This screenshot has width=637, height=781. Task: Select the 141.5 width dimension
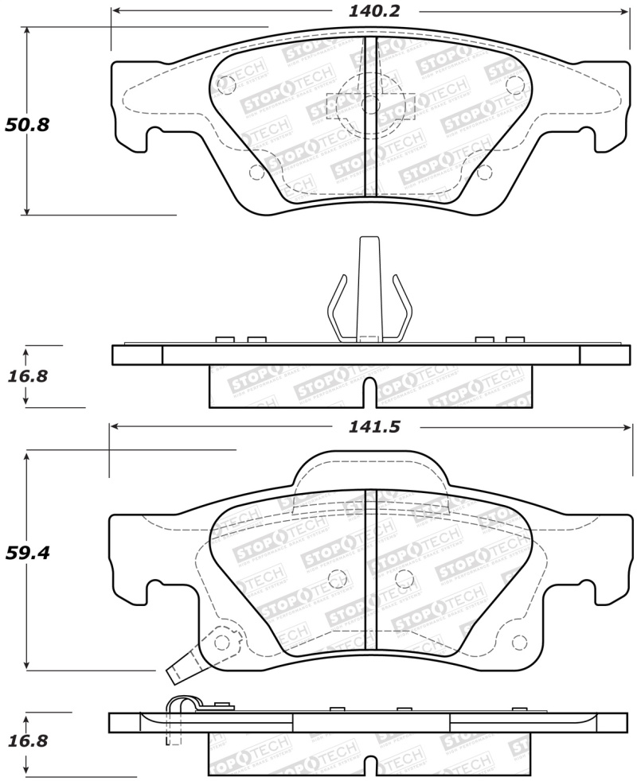[373, 427]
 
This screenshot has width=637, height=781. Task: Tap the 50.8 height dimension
[27, 125]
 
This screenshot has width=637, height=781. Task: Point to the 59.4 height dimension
[27, 552]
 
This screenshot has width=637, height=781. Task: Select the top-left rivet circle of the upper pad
[225, 82]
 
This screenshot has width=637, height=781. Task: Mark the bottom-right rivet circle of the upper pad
[484, 172]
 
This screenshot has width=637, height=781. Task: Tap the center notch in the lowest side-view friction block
[369, 764]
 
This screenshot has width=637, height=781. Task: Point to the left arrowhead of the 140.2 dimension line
[115, 11]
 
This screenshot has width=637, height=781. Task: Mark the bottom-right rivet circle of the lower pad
[522, 641]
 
